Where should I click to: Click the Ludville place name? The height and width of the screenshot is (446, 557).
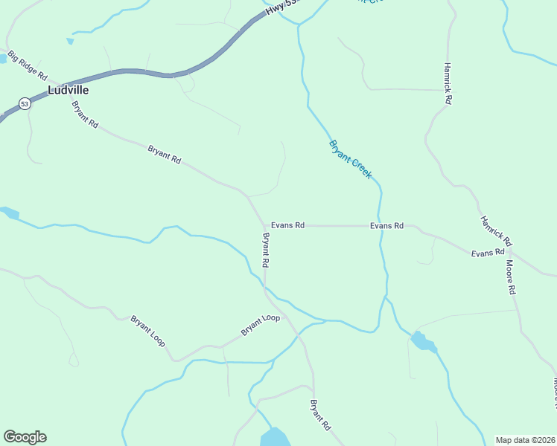(68, 89)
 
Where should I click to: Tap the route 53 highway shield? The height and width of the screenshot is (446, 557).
(25, 103)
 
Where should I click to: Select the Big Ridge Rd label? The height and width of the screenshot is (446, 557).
(28, 65)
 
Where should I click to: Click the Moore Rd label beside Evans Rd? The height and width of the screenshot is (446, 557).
(511, 277)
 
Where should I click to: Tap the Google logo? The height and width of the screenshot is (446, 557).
(25, 437)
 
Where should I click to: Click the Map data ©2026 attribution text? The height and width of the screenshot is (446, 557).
(525, 440)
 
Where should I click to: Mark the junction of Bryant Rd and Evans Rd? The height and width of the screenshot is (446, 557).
(264, 225)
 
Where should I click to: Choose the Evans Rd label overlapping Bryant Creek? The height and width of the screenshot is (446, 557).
(386, 225)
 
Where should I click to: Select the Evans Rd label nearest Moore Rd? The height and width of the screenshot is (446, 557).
(488, 253)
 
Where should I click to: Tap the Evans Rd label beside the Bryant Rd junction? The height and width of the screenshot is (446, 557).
(287, 225)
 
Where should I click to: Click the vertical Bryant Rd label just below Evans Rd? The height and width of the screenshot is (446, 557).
(265, 251)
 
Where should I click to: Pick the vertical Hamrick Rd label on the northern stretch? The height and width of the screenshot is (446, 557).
(448, 82)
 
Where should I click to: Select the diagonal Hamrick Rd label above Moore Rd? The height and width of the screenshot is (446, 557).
(497, 231)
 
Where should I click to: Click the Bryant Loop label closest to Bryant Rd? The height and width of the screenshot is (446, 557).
(260, 325)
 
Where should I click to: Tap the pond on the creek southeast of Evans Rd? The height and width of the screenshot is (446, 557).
(422, 341)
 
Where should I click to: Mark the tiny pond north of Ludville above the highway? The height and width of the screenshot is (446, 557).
(70, 41)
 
